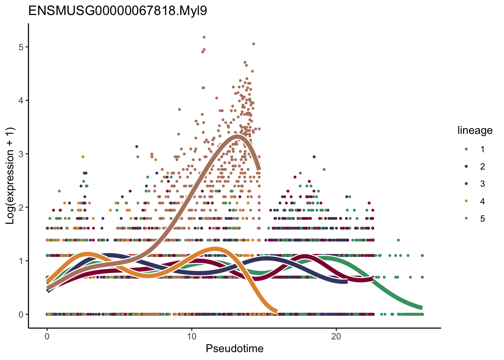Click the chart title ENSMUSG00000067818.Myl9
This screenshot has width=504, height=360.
click(x=118, y=11)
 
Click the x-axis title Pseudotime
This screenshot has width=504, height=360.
click(x=234, y=349)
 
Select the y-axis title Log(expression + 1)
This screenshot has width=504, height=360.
click(x=10, y=176)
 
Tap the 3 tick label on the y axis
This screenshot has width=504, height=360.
click(x=21, y=154)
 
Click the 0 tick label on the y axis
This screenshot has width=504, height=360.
click(x=21, y=314)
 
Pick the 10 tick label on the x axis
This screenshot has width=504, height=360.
click(x=191, y=336)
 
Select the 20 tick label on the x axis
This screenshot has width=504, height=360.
click(x=336, y=336)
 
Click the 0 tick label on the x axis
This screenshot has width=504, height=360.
click(x=47, y=336)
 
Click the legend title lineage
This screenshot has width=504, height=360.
click(x=475, y=130)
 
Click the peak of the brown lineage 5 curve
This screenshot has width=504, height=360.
click(x=237, y=136)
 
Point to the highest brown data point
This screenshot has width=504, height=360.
click(x=204, y=37)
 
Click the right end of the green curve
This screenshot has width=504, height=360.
click(x=421, y=307)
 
